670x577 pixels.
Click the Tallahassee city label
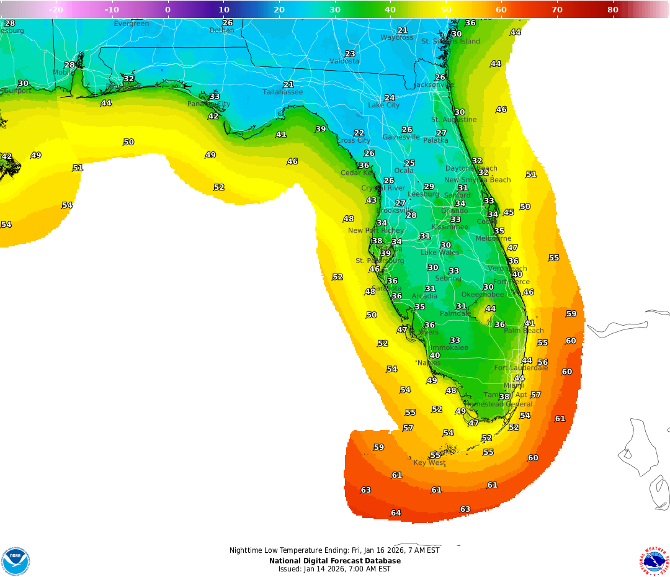pyautogui.click(x=282, y=92)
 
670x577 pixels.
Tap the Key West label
pyautogui.click(x=429, y=462)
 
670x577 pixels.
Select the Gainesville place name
pyautogui.click(x=401, y=137)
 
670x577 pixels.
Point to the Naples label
pyautogui.click(x=429, y=362)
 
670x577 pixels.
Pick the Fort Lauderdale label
pyautogui.click(x=520, y=368)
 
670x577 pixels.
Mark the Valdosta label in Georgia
pyautogui.click(x=344, y=61)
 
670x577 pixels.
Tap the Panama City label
pyautogui.click(x=208, y=104)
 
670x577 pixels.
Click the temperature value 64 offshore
pyautogui.click(x=395, y=513)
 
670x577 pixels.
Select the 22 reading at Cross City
pyautogui.click(x=359, y=133)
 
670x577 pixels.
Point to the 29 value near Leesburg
pyautogui.click(x=429, y=187)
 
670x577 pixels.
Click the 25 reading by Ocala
pyautogui.click(x=409, y=164)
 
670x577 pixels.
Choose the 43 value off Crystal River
pyautogui.click(x=371, y=200)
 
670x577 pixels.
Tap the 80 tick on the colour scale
pyautogui.click(x=613, y=9)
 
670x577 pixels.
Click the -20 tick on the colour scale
pyautogui.click(x=56, y=9)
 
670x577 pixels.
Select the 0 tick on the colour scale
pyautogui.click(x=167, y=9)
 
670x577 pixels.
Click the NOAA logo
pyautogui.click(x=16, y=561)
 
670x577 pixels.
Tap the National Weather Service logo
pyautogui.click(x=654, y=561)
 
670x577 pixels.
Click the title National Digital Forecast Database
pyautogui.click(x=334, y=561)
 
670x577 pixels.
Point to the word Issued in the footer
pyautogui.click(x=289, y=569)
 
